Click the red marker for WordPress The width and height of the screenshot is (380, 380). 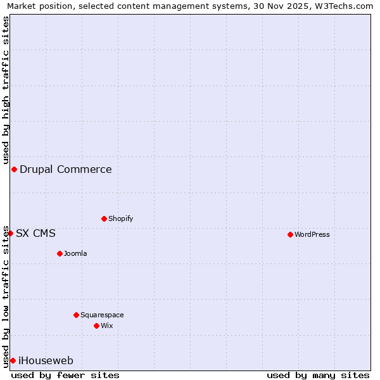290,234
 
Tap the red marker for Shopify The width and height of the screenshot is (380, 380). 104,218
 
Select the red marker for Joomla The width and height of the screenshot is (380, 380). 60,253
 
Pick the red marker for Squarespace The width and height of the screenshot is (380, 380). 76,315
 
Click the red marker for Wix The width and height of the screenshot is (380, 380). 96,326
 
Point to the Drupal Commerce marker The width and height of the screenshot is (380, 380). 14,169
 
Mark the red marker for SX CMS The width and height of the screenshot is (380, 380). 10,233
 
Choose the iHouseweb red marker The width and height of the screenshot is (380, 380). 13,360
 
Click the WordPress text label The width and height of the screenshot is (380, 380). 312,234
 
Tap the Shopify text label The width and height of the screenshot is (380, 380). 120,218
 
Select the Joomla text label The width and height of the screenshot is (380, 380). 75,253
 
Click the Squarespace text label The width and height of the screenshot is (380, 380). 102,315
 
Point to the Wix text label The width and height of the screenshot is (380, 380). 106,326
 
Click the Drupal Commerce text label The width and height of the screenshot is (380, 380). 65,169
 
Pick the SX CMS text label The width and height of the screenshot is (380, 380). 35,233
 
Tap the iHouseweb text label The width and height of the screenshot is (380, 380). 46,360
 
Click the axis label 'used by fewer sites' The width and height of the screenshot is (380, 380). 65,375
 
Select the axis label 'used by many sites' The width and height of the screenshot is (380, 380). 318,375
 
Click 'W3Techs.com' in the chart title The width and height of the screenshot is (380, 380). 343,6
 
